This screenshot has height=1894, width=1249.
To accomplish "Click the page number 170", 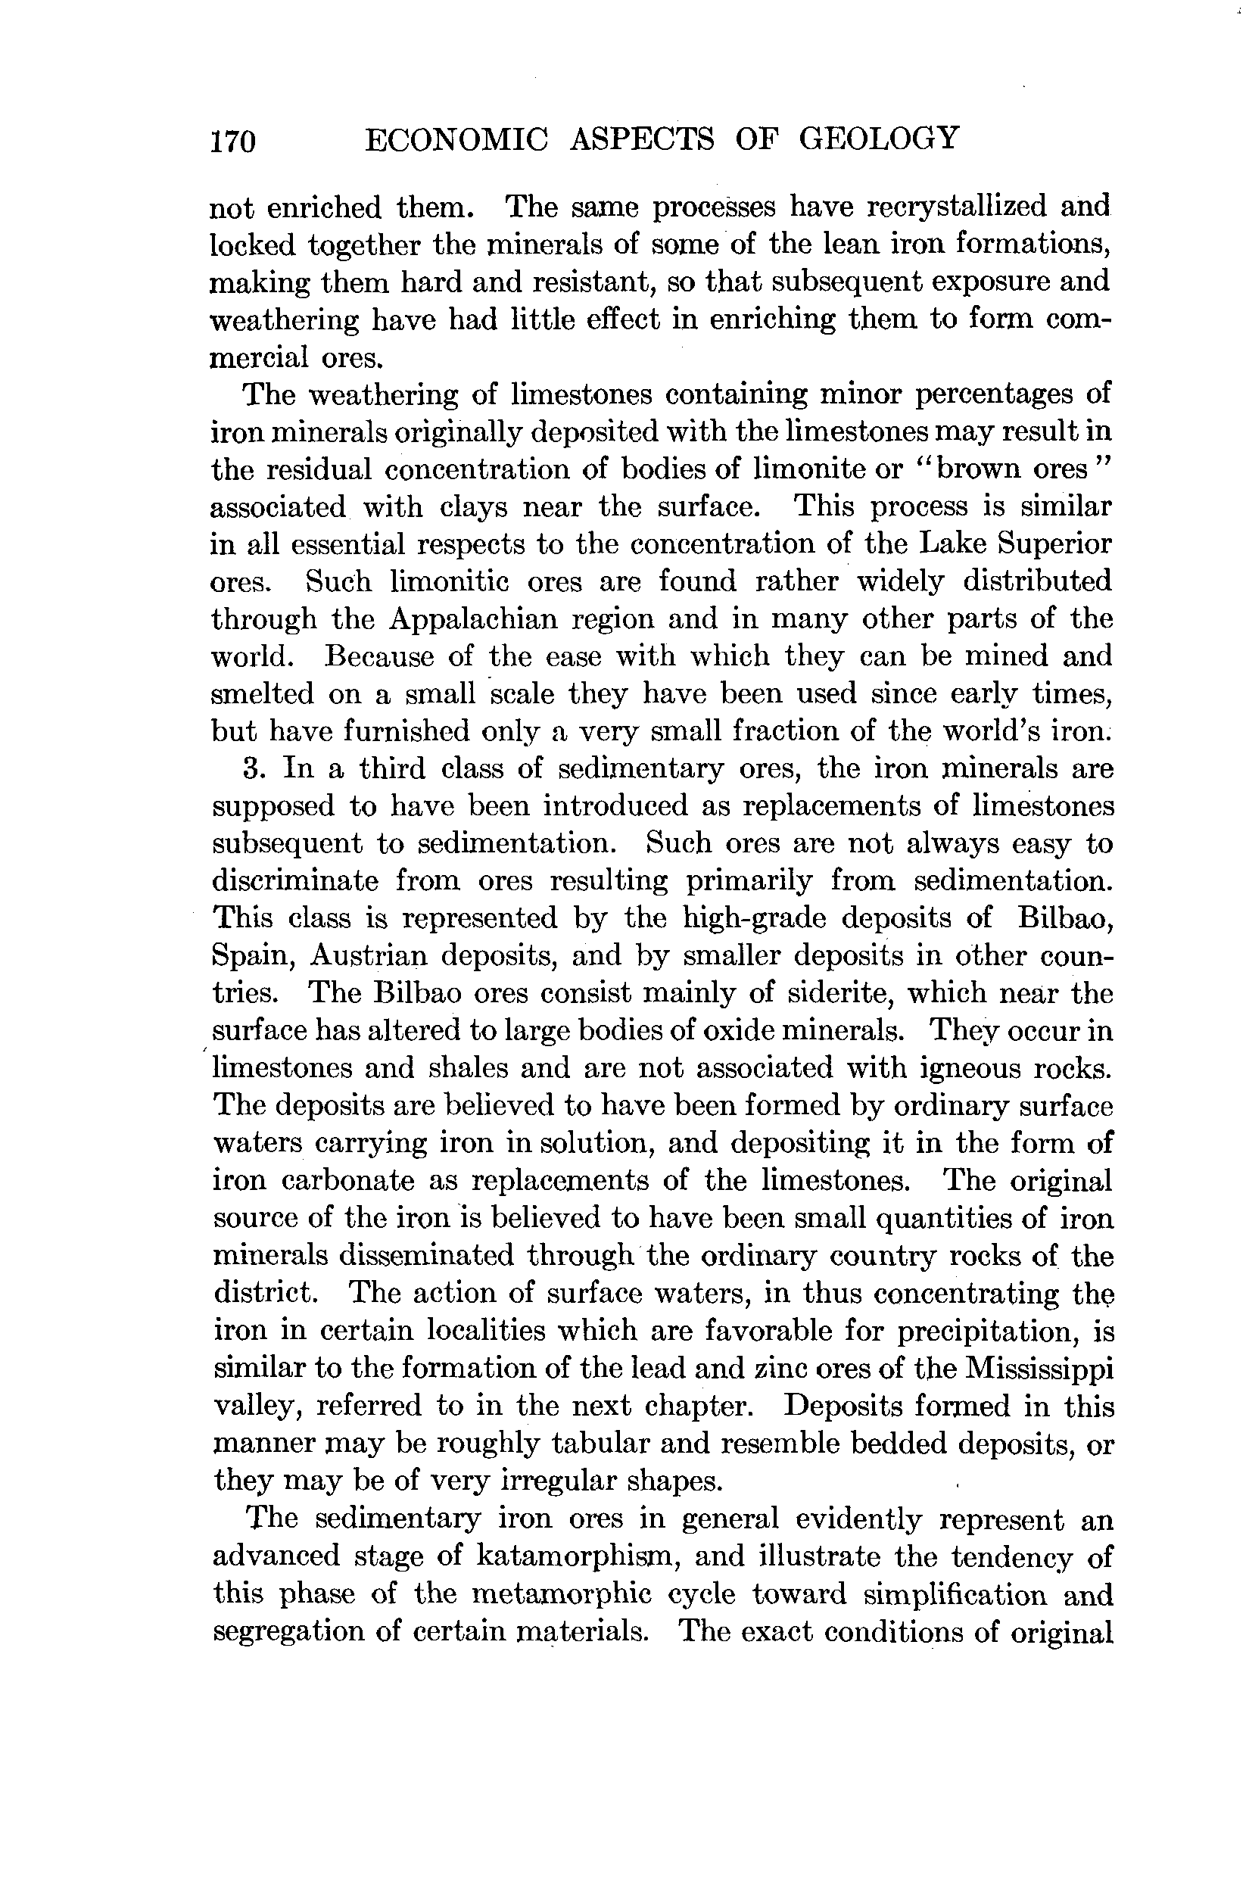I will click(x=232, y=141).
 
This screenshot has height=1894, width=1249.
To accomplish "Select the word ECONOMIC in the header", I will click(x=456, y=139).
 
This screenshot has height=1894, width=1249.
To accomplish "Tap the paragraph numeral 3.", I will click(x=253, y=768).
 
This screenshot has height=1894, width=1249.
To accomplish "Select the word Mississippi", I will click(x=1039, y=1369).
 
